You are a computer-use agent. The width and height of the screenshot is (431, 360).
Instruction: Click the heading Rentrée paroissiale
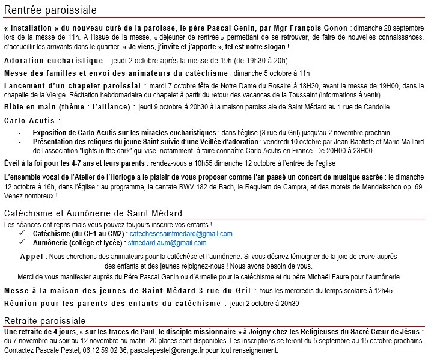click(50, 10)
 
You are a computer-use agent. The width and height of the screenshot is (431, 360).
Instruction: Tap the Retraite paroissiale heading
click(45, 320)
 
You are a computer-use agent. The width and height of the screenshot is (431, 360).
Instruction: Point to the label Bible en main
click(31, 107)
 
